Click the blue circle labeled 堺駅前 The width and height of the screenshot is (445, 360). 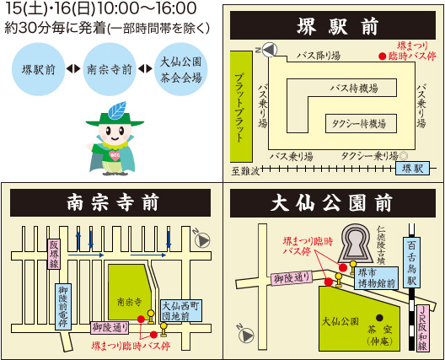[x=38, y=69]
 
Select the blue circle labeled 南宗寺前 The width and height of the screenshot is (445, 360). [x=110, y=69]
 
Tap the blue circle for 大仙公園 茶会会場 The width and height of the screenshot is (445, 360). [x=181, y=69]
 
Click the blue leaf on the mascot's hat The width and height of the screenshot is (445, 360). [x=117, y=110]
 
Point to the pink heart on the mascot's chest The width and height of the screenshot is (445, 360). [x=115, y=156]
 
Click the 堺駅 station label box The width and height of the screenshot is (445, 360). [x=413, y=169]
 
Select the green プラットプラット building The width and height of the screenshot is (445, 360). [x=241, y=107]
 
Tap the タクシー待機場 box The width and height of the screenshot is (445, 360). [x=361, y=123]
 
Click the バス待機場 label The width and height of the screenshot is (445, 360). [x=354, y=89]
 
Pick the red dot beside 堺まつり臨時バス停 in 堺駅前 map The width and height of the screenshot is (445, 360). [x=383, y=56]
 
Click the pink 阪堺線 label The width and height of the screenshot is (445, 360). [x=54, y=254]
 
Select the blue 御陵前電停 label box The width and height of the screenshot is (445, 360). [x=62, y=307]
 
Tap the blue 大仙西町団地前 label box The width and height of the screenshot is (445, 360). [x=180, y=310]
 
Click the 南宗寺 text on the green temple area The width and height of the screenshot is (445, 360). [x=130, y=302]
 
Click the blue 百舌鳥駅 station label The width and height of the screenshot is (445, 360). [x=412, y=262]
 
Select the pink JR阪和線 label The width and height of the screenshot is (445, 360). [x=422, y=328]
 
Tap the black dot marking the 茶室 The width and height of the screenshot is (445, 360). [x=379, y=317]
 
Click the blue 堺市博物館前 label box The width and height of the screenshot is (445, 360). [x=377, y=278]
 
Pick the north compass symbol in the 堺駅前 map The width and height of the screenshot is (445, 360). [x=269, y=50]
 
